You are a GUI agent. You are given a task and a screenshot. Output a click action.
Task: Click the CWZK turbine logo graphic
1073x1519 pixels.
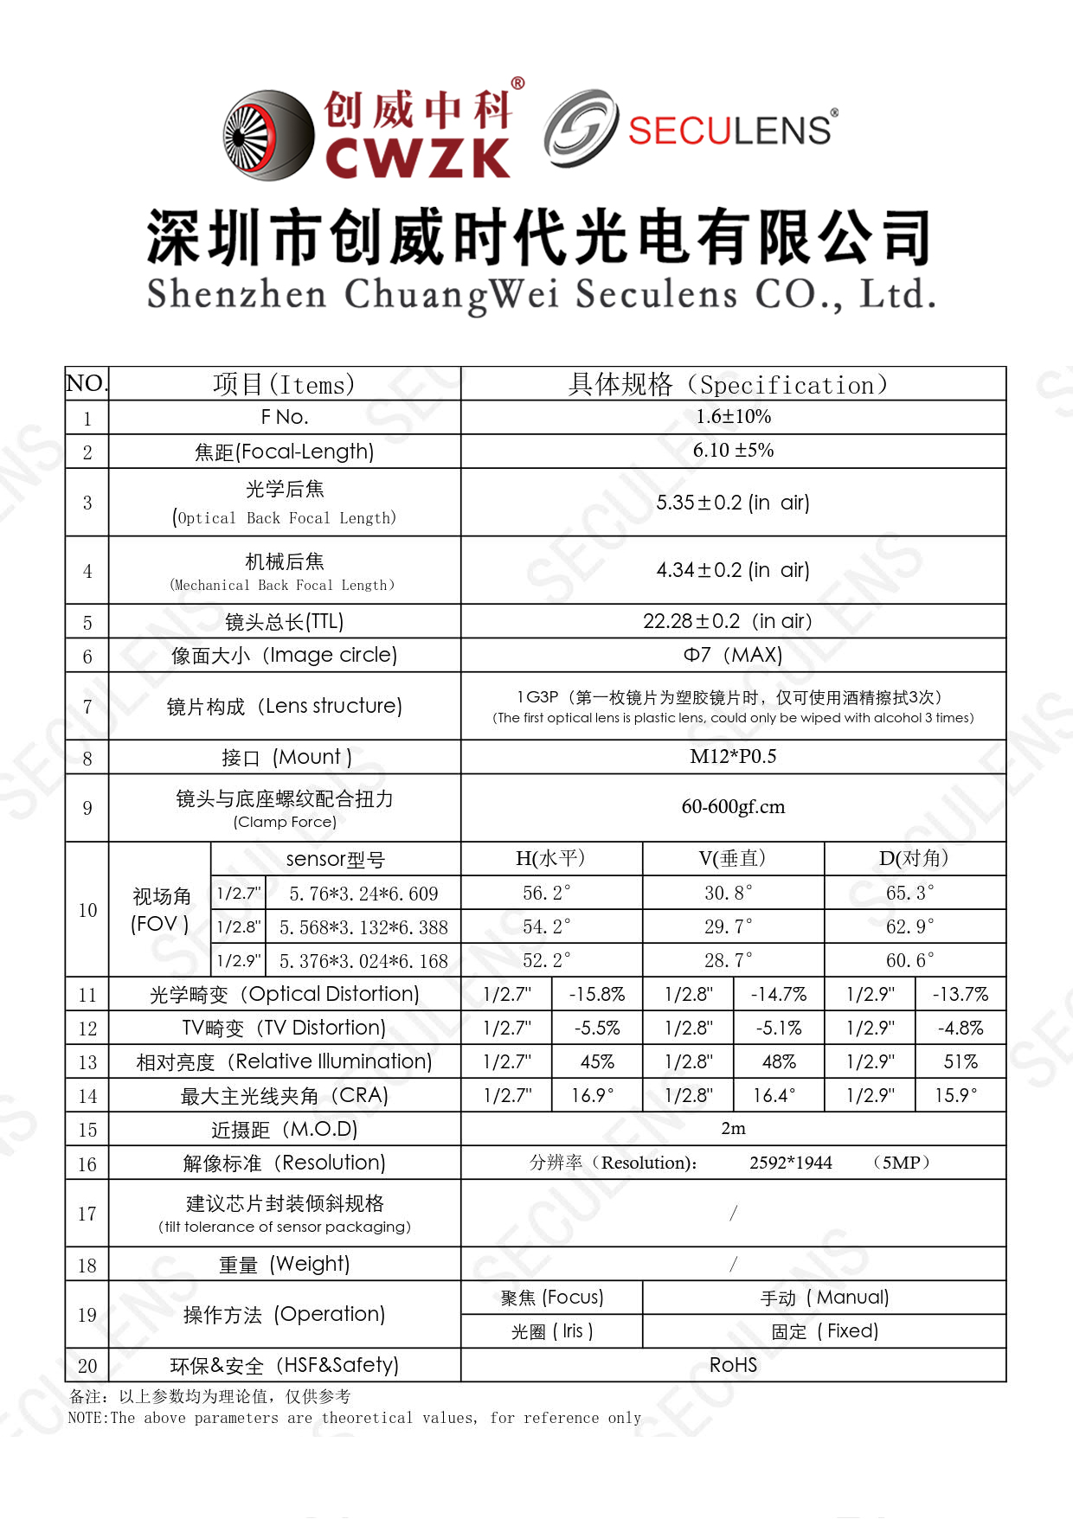point(268,136)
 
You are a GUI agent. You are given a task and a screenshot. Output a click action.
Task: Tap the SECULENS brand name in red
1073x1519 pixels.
point(729,131)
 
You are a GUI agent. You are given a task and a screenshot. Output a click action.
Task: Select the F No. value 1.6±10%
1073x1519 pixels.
point(733,417)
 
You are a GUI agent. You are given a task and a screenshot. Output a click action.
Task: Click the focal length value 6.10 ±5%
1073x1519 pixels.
point(733,451)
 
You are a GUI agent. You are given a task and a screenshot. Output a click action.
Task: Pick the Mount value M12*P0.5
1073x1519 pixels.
point(733,757)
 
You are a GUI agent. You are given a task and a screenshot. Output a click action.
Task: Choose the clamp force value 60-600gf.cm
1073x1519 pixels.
point(733,807)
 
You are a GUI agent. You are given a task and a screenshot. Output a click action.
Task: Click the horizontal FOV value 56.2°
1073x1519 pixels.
point(546,893)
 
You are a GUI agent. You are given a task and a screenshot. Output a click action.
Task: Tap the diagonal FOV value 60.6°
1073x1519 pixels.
point(909,960)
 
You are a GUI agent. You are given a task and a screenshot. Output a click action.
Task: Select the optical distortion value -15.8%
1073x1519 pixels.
point(596,995)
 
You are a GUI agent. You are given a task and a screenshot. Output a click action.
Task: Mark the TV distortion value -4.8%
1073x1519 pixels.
point(960,1029)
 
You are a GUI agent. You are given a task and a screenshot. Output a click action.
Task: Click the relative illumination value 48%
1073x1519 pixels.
point(778,1062)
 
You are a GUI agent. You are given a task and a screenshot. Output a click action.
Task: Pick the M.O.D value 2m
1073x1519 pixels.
point(733,1129)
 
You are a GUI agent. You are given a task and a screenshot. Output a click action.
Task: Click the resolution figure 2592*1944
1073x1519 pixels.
point(790,1163)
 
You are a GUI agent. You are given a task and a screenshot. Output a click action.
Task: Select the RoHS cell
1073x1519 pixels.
point(733,1365)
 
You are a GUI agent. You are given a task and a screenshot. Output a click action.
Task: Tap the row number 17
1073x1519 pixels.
point(87,1214)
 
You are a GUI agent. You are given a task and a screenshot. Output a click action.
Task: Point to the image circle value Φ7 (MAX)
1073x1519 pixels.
point(733,655)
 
